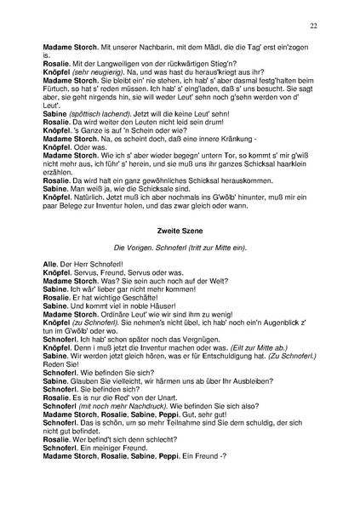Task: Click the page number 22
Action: pyautogui.click(x=313, y=26)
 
